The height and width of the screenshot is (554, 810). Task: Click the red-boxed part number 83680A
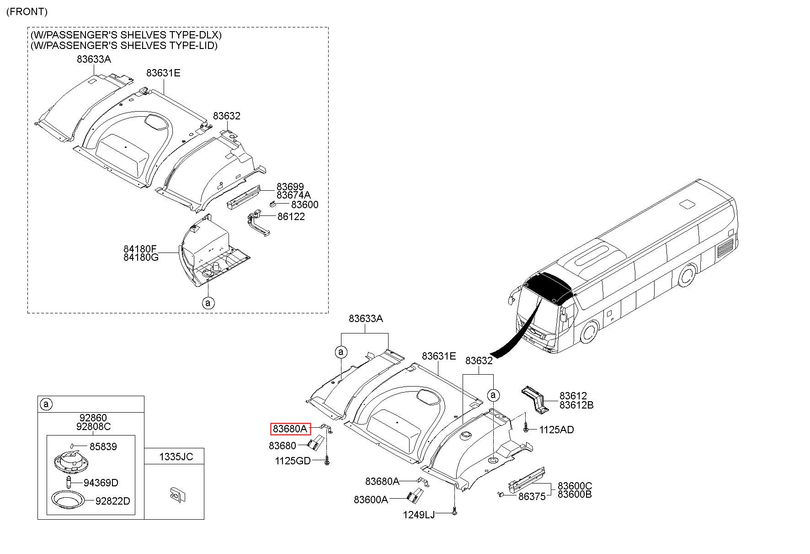[290, 429]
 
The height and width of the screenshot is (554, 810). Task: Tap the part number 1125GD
[293, 461]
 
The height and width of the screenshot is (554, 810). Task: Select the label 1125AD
[556, 430]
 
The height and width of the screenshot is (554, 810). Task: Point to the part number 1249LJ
[419, 515]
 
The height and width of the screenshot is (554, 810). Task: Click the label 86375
[532, 496]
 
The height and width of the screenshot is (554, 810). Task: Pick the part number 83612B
[576, 405]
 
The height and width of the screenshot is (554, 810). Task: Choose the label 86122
[291, 216]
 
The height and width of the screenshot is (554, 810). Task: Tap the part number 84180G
[141, 257]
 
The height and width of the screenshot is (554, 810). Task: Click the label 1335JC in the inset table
[176, 456]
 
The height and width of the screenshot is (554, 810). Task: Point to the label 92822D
[112, 501]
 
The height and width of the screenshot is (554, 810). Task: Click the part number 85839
[103, 446]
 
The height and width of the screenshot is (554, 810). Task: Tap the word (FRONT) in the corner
[27, 11]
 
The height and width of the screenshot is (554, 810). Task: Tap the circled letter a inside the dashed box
[208, 302]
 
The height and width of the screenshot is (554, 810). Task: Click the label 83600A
[371, 500]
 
